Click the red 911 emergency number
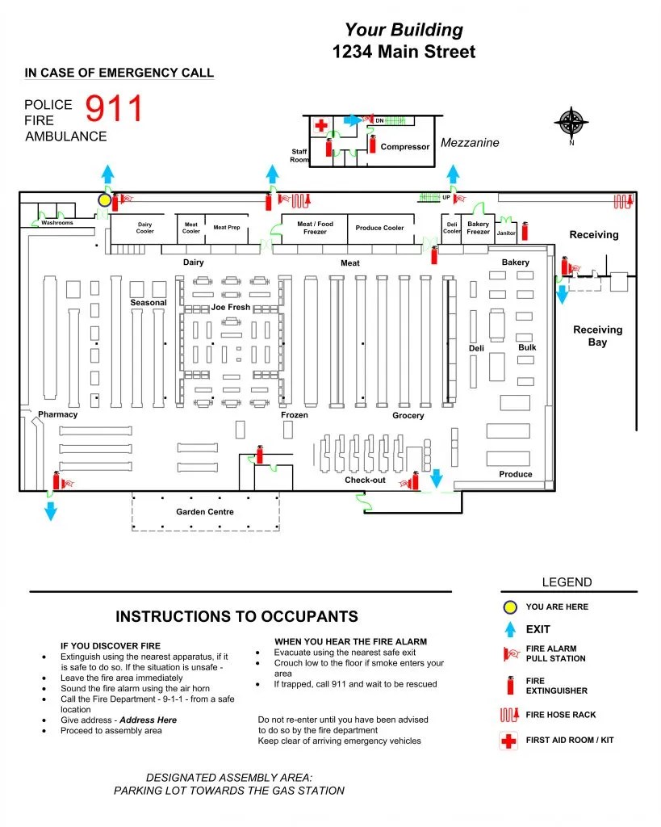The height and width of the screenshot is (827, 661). pos(115,108)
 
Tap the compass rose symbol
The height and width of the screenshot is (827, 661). pos(571,123)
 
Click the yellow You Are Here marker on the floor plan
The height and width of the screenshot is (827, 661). pos(105,199)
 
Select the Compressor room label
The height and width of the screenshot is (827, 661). pos(405,147)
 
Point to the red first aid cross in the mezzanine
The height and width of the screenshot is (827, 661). pos(321,126)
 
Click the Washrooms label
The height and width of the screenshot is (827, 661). pos(57,222)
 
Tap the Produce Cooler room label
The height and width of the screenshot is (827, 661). pos(379,228)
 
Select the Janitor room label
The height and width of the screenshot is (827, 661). pos(506,233)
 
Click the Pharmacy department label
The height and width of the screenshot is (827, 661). pos(58,414)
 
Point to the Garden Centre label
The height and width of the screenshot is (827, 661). pos(205,512)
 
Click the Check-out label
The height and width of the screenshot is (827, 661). pos(365,480)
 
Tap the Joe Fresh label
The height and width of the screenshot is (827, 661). pos(231,308)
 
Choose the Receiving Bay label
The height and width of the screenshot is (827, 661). pos(597,336)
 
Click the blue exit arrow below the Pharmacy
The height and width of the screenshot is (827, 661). pos(51,510)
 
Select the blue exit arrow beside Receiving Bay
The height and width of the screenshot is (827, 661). pos(563,293)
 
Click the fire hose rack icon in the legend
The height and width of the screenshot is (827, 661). pos(508,715)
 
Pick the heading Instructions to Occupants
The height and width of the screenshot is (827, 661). pos(236,617)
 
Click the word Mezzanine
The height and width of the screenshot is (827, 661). pos(470,143)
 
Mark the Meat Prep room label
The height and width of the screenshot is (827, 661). pos(226,228)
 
